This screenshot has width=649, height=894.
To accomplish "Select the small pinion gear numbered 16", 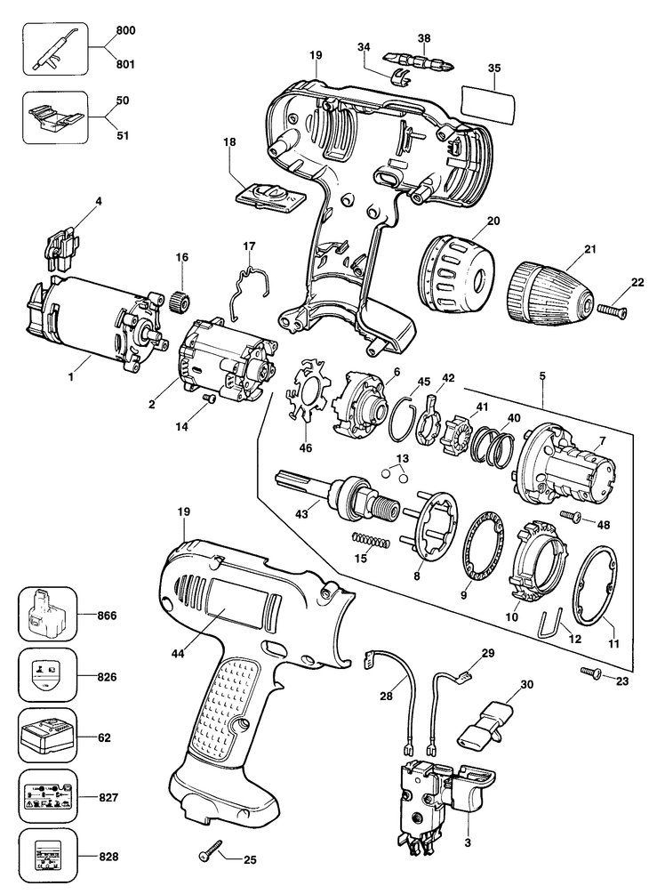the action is [181, 300].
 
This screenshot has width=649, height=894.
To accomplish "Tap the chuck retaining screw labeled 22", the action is [613, 310].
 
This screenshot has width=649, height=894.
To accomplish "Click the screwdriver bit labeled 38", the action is [417, 60].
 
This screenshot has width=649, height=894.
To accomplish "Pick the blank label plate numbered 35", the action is [489, 104].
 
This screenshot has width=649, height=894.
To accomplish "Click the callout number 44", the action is [178, 654].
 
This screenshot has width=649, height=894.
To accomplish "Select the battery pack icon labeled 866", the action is [47, 616].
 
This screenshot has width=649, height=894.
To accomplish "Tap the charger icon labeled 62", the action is [47, 737].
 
